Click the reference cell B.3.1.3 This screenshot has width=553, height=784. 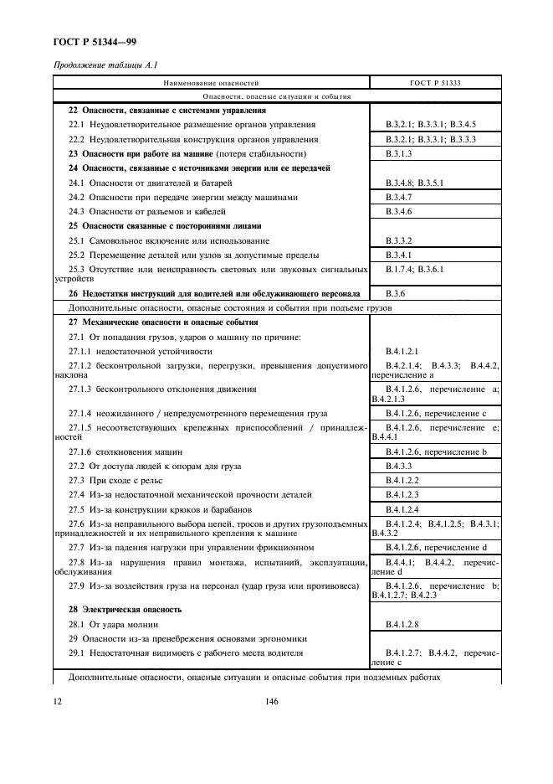tap(401, 155)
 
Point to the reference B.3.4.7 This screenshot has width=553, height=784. tap(401, 197)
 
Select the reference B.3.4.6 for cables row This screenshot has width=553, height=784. tap(401, 211)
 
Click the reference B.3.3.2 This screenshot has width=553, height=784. tap(401, 240)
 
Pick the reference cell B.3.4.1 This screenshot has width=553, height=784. tap(401, 254)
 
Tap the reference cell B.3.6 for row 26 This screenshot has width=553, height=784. tap(395, 294)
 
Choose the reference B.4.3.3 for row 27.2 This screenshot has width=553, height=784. tap(401, 466)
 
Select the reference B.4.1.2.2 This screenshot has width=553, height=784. tap(404, 480)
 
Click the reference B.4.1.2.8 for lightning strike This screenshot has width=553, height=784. tap(404, 625)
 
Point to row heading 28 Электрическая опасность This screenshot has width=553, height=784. tap(125, 609)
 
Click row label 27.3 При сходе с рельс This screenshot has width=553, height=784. tap(120, 480)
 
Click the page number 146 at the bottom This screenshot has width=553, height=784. tap(272, 703)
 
